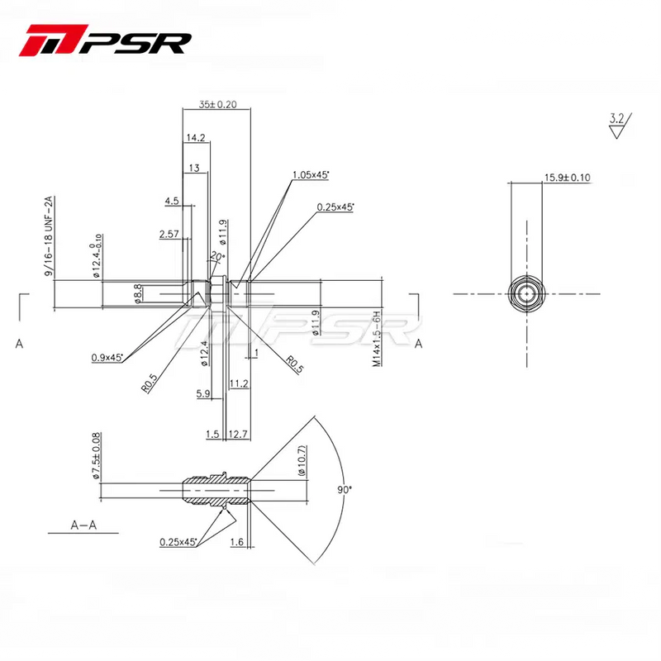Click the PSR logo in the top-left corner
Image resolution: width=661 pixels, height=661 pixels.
[x=108, y=40]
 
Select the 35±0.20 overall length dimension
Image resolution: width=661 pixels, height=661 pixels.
[x=217, y=105]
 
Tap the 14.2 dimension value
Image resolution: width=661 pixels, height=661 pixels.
[x=196, y=137]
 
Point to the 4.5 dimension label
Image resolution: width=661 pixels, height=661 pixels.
[x=172, y=201]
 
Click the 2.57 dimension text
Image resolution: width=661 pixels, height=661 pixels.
[x=169, y=235]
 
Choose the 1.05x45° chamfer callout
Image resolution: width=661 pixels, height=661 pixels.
[x=311, y=175]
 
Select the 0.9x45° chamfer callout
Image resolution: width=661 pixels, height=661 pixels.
[x=107, y=358]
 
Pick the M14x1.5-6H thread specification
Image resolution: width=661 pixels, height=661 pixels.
[x=376, y=339]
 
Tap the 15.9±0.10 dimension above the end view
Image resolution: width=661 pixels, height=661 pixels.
[x=567, y=178]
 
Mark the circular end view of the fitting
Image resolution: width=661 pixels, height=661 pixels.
[x=526, y=293]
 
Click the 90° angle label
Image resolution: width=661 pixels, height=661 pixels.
[x=345, y=489]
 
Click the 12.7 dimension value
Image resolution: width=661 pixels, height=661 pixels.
[x=239, y=434]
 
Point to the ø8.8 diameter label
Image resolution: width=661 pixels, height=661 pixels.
[x=138, y=293]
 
